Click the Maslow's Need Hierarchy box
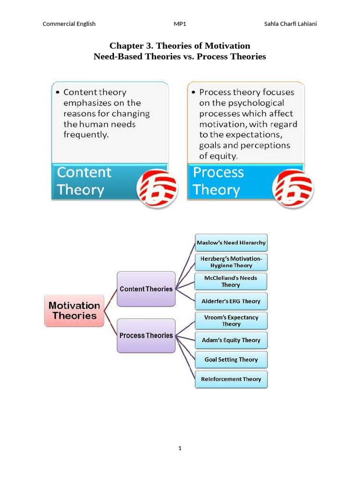[231, 243]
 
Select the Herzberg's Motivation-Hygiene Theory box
[231, 262]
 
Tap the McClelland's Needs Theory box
[231, 281]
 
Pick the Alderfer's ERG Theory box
[231, 301]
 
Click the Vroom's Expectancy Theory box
[231, 321]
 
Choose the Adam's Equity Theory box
[231, 340]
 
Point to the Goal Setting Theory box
[231, 360]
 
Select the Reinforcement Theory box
[231, 379]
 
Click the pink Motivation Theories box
[74, 310]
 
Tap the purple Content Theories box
[146, 289]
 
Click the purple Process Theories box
[146, 336]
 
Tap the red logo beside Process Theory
[293, 188]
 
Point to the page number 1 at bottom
[180, 448]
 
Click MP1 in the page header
[180, 24]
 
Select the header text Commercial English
[69, 24]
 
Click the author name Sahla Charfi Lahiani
[291, 24]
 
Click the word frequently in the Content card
[86, 135]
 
